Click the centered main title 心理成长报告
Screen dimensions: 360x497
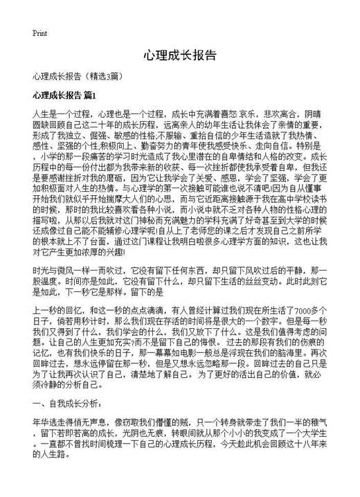180,55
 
